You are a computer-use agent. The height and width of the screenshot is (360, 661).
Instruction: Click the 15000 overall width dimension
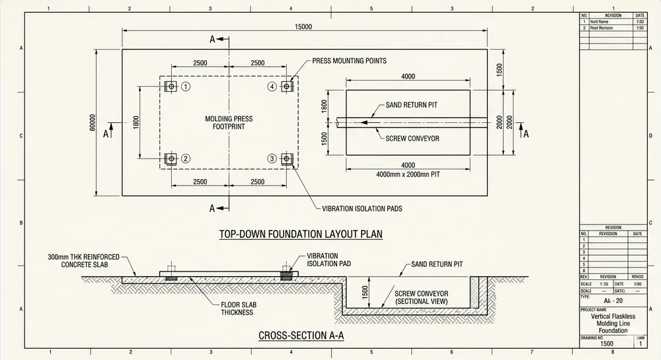[x=303, y=26]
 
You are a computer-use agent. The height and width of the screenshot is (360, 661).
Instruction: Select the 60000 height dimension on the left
[x=93, y=122]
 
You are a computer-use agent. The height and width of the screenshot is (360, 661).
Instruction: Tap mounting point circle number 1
[x=186, y=87]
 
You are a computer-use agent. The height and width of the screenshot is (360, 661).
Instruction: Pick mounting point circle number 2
[x=186, y=159]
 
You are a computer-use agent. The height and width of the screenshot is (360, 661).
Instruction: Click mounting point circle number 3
[x=272, y=159]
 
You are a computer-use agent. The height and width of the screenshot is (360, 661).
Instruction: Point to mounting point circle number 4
[x=272, y=87]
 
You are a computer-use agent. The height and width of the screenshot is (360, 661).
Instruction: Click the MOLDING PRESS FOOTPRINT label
[x=229, y=122]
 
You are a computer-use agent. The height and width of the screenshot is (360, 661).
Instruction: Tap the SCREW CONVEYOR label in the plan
[x=412, y=138]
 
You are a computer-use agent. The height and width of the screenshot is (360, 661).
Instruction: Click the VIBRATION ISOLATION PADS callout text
[x=362, y=209]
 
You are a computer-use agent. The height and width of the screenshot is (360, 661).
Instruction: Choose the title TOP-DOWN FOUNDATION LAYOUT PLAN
[x=301, y=234]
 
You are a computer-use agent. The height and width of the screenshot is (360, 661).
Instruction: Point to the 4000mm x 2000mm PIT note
[x=408, y=174]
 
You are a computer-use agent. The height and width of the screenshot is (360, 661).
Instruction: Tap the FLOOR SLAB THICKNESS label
[x=237, y=308]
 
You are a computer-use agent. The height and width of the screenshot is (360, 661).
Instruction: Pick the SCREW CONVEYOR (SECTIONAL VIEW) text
[x=421, y=297]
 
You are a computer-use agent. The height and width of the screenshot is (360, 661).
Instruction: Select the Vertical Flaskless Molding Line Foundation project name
[x=613, y=324]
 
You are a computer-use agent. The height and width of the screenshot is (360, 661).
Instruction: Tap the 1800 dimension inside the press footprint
[x=136, y=122]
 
